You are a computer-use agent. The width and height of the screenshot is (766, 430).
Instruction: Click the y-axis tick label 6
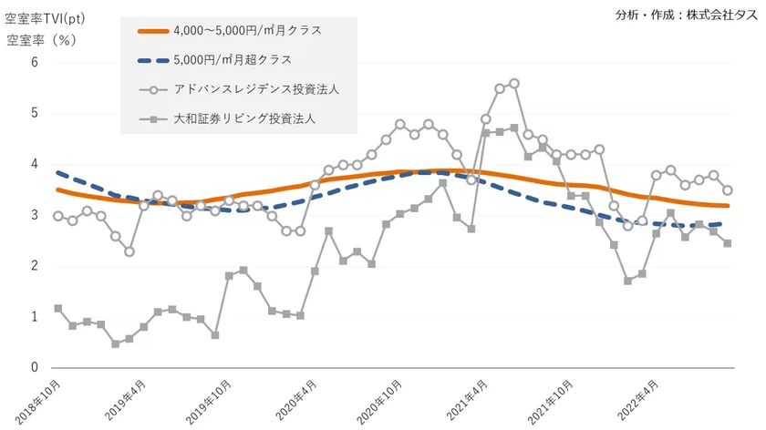pos(35,62)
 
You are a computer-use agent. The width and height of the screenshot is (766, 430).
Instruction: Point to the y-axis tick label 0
pos(35,368)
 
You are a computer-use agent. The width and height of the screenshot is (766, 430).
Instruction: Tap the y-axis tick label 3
pos(35,215)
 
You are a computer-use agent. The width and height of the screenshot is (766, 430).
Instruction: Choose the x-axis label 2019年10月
pos(212,401)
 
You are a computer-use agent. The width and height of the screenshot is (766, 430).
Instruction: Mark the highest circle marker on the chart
pos(514,83)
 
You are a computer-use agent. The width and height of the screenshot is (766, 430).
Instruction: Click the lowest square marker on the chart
pos(116,343)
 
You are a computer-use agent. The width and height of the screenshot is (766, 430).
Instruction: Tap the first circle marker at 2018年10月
pos(58,216)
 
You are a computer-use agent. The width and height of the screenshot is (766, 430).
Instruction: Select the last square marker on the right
pos(727,243)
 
